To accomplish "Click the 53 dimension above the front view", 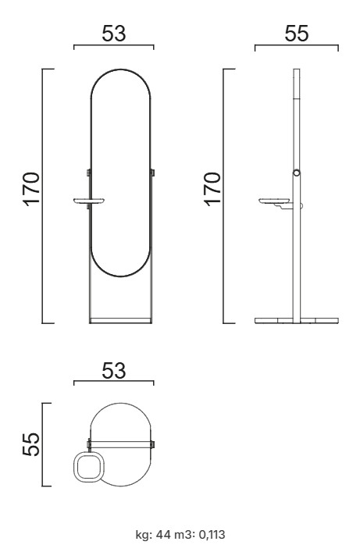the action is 113,34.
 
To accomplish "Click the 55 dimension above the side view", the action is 297,34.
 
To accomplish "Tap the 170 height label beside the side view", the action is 212,189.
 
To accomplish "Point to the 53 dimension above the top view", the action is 113,371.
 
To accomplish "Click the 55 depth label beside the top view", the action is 30,444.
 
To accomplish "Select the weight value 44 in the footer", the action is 162,535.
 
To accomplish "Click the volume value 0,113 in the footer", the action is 212,535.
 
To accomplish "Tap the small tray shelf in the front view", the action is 90,201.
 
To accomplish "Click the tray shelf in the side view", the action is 276,201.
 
